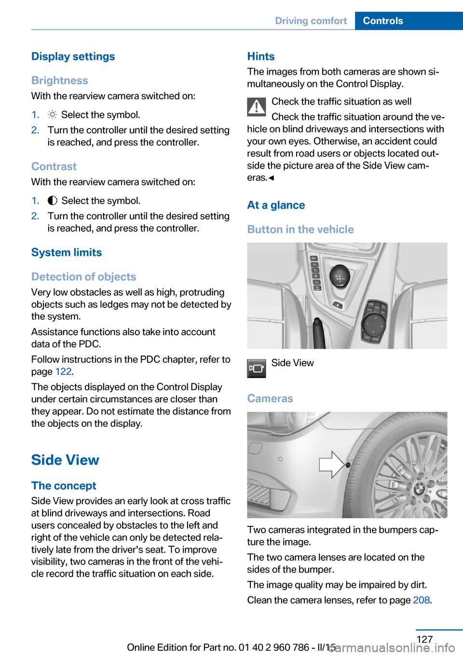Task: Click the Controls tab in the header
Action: [383, 21]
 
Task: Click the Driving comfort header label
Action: [311, 21]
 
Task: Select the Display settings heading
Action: [73, 56]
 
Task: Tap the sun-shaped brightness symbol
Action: [52, 115]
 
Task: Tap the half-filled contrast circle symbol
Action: [53, 200]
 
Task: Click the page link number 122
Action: [63, 371]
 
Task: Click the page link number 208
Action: [421, 600]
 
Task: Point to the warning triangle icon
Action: [257, 107]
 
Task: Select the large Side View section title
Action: [65, 460]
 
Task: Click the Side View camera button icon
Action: [257, 368]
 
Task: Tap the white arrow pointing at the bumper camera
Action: [331, 465]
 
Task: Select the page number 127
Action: [424, 639]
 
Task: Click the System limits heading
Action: [67, 252]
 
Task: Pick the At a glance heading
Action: [276, 205]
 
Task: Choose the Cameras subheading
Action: [270, 398]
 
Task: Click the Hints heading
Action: [261, 56]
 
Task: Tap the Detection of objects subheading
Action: [84, 276]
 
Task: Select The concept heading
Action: [64, 485]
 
